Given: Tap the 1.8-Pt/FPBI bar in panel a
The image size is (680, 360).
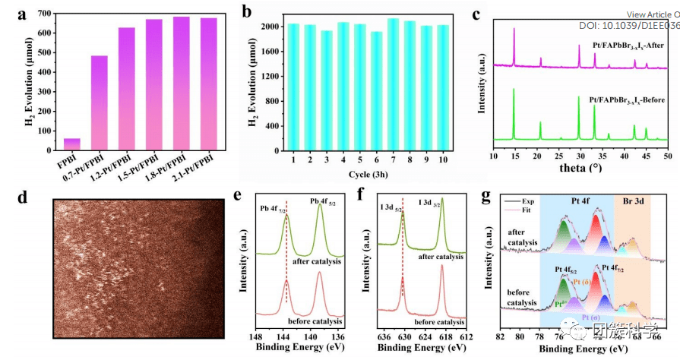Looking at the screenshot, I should [182, 83].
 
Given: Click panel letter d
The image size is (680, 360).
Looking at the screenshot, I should [24, 197].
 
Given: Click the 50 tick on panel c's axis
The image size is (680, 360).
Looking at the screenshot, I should [667, 155].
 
